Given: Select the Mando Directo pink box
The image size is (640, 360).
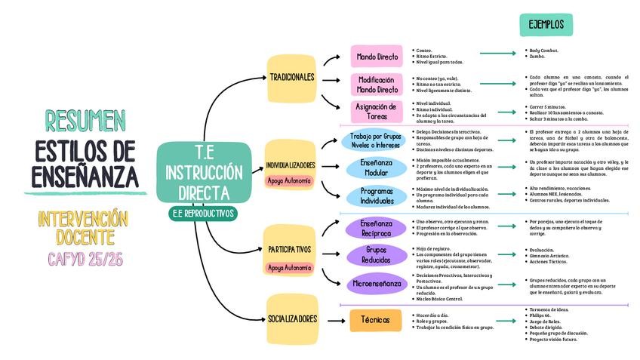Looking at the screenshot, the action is click(x=377, y=57).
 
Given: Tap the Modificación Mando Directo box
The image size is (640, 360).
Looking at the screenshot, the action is click(x=377, y=85).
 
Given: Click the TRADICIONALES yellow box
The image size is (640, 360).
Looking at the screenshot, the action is click(x=291, y=78).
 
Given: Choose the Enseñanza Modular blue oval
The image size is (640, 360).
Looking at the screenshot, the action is click(x=377, y=167).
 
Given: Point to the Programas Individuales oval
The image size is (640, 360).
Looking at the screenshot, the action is click(x=377, y=196).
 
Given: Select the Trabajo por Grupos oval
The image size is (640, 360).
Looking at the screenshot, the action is click(x=377, y=140).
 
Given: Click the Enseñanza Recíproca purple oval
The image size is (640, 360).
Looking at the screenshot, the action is click(x=377, y=228).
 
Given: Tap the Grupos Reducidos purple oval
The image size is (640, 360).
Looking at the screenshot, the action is click(x=377, y=254).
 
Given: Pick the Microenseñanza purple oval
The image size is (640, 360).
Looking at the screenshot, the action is click(x=377, y=284).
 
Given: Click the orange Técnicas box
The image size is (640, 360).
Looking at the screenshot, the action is click(x=375, y=320).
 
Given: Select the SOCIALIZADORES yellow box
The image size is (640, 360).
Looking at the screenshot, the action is click(x=292, y=319).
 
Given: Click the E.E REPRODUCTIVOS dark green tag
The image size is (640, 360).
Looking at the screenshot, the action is click(x=203, y=214).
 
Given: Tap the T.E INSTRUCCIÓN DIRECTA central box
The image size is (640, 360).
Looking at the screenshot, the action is click(x=203, y=172).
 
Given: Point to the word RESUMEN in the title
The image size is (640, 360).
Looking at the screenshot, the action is click(x=85, y=120).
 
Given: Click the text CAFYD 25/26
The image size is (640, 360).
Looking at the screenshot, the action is click(x=85, y=260).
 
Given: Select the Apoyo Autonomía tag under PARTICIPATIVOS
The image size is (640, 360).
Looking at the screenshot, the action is click(x=289, y=267).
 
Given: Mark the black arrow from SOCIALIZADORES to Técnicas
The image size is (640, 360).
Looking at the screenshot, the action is click(x=335, y=320).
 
